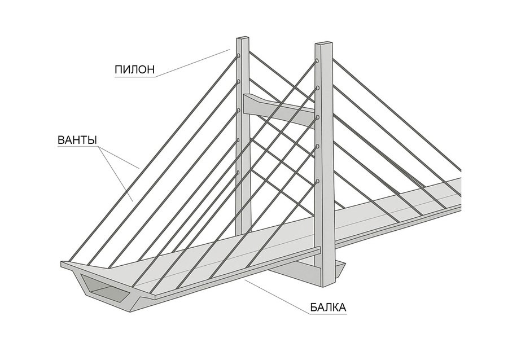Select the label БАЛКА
pos(327,308)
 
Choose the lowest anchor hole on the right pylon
pos(318,181)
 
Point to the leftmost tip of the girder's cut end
pos(62,264)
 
